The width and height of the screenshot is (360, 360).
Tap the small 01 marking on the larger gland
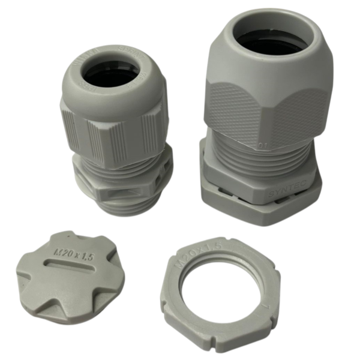(x=260, y=145)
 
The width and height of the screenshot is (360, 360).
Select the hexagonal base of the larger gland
(x=258, y=195)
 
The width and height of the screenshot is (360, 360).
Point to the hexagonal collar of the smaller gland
(x=120, y=177)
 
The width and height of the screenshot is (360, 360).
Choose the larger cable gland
(x=264, y=120)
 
